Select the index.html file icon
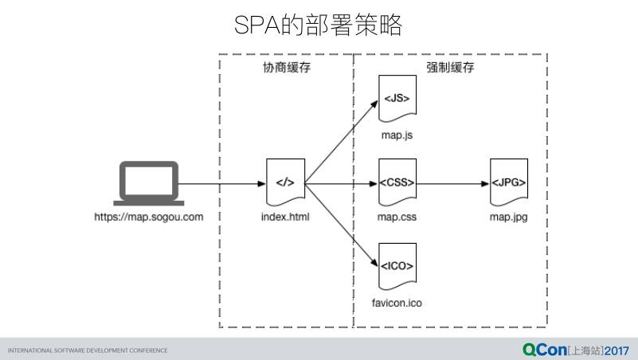(x=284, y=183)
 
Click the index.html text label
(x=285, y=217)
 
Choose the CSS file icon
(x=397, y=183)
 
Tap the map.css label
(x=397, y=217)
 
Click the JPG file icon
(x=508, y=183)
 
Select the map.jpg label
(x=508, y=217)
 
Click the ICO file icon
(x=397, y=267)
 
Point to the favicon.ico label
(x=397, y=303)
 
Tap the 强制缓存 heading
(x=450, y=68)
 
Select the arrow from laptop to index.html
(x=223, y=184)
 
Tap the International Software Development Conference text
(x=88, y=350)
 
